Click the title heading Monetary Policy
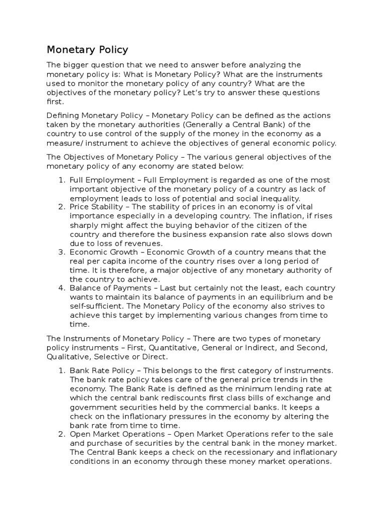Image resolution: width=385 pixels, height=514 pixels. click(x=87, y=50)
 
